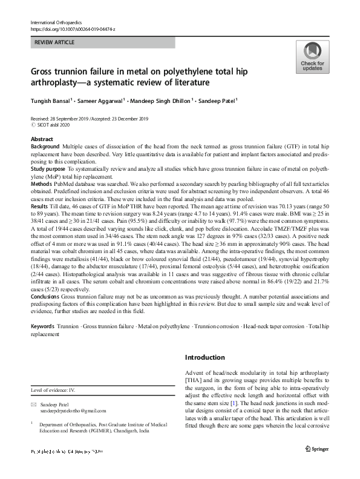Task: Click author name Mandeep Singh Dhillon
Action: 165,101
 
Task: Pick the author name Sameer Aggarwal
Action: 102,101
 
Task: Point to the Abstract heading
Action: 41,139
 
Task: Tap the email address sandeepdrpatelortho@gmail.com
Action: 75,411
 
